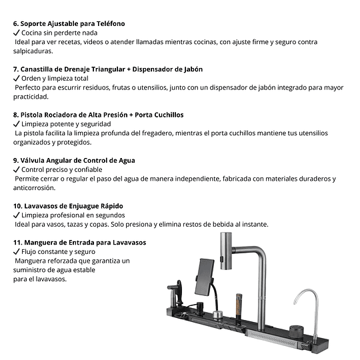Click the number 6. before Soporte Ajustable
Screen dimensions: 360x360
coord(15,23)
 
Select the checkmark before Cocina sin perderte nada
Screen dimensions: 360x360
coord(17,32)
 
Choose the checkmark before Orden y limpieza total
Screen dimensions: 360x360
coord(17,78)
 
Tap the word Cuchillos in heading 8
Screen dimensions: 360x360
coord(163,115)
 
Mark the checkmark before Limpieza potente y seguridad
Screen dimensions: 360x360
coord(17,124)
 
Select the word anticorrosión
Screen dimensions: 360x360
coord(35,188)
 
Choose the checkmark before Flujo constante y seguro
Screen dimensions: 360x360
coord(17,252)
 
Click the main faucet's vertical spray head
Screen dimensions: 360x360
coord(225,252)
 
